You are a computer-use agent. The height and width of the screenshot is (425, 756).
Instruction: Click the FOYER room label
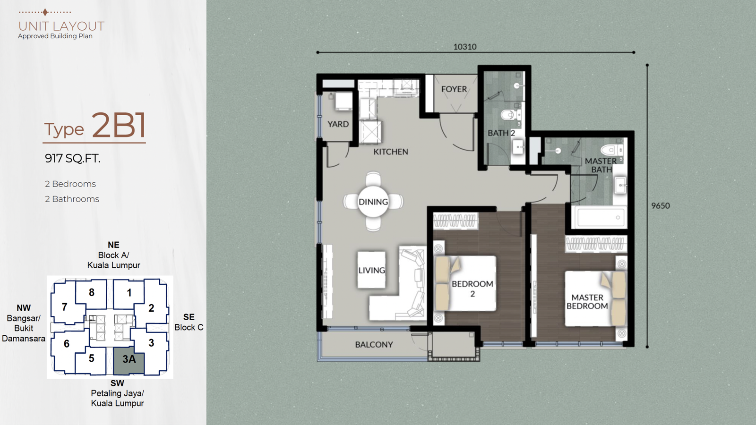[454, 89]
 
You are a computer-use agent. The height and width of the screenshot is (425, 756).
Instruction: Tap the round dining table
[373, 202]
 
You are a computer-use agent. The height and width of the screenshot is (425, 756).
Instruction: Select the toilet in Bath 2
[509, 115]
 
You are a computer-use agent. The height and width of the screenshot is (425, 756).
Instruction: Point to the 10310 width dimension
[465, 47]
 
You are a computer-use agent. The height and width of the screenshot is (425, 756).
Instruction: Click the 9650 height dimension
[661, 206]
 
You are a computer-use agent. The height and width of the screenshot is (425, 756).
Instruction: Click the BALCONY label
[374, 345]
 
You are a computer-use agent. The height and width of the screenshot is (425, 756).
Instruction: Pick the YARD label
[338, 124]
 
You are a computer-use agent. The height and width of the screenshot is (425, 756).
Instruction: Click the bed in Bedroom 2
[465, 283]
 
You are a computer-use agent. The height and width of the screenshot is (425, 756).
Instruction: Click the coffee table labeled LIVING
[371, 270]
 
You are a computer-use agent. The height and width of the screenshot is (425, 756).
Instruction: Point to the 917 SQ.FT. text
[73, 158]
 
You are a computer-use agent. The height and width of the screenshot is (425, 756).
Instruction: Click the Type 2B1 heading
[95, 126]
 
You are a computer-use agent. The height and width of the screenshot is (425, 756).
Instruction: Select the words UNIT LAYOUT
[61, 26]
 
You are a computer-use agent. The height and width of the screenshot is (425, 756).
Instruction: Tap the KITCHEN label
[390, 152]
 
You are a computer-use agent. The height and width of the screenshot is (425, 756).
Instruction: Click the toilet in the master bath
[611, 149]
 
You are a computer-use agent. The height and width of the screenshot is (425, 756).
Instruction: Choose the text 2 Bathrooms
[72, 199]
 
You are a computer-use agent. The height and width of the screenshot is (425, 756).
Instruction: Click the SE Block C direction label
[189, 322]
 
